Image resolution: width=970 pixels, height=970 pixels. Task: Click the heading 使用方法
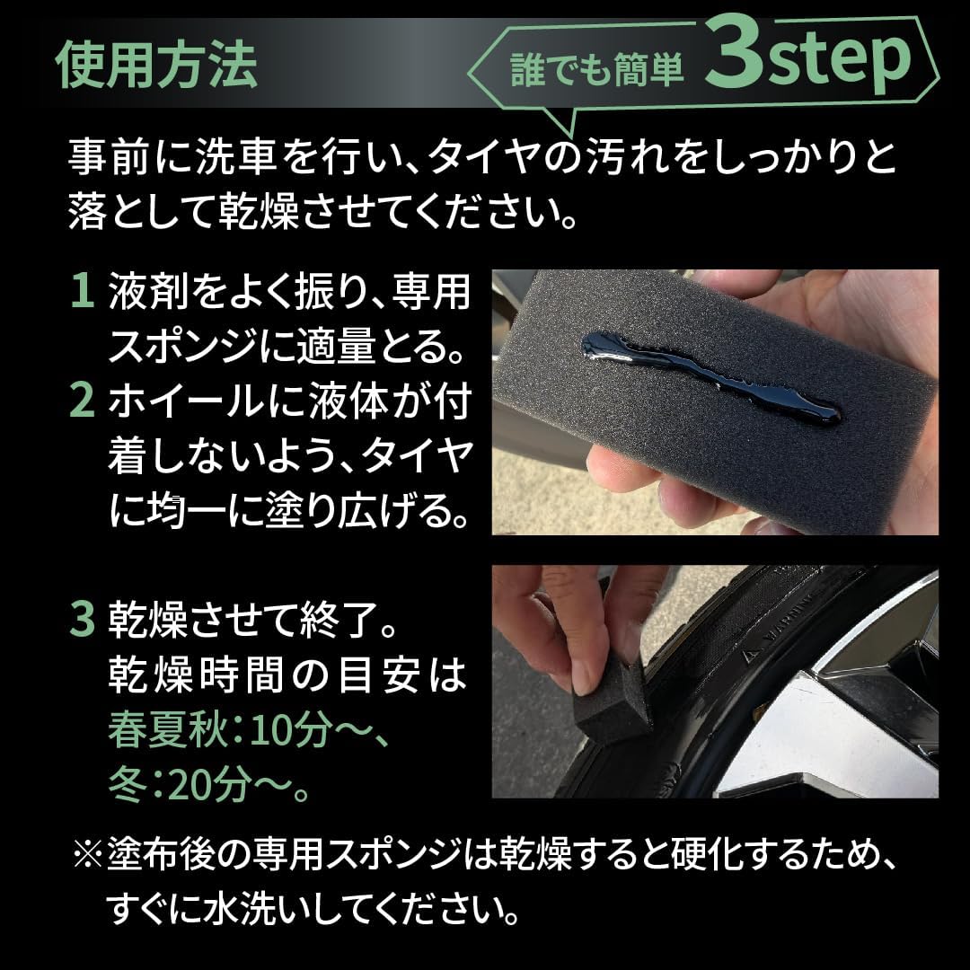click(x=156, y=65)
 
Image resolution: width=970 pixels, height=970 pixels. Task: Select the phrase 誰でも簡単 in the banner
click(x=597, y=69)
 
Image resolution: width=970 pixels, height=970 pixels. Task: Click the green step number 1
click(x=83, y=291)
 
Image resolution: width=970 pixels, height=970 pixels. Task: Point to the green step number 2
click(x=83, y=401)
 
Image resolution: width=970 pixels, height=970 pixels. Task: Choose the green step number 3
click(x=83, y=620)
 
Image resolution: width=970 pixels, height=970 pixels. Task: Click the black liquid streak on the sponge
click(x=711, y=375)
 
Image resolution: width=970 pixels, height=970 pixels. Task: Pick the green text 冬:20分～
click(x=208, y=785)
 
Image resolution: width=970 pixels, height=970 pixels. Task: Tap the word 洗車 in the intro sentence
click(x=235, y=156)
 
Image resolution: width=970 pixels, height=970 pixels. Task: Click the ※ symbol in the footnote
click(x=88, y=855)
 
